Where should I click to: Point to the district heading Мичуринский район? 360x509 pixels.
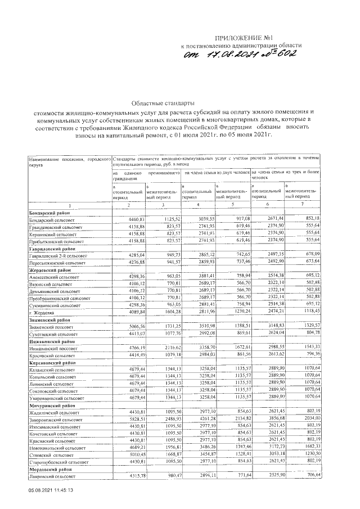click(49, 405)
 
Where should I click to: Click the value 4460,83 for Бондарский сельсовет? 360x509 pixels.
click(137, 219)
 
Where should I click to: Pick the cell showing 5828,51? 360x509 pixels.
click(137, 418)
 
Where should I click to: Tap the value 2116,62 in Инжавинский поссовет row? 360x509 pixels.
click(169, 348)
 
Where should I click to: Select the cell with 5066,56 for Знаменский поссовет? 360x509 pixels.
click(137, 326)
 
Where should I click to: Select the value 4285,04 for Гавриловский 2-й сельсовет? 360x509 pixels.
click(137, 255)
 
